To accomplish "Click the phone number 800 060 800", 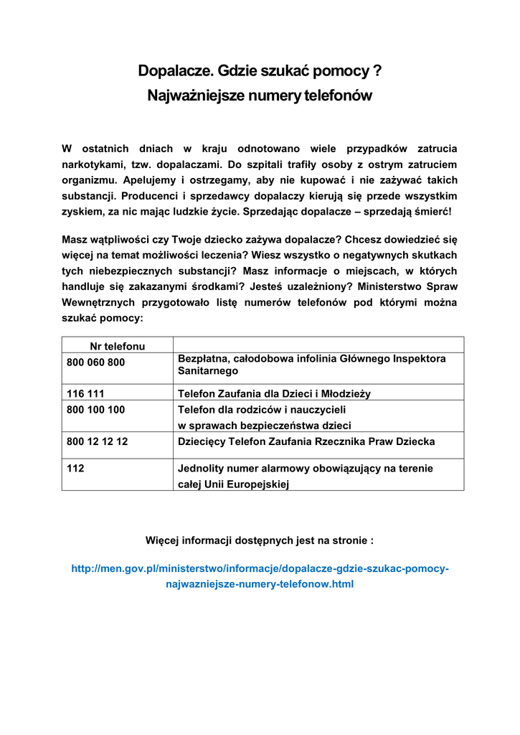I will pos(95,362).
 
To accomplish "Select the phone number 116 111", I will pos(85,393).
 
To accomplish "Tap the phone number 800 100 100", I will pos(95,410).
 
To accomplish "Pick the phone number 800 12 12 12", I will pos(97,441).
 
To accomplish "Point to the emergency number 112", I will pos(75,469).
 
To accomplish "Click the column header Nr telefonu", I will pos(117,346).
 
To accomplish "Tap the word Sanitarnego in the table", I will pos(207,371).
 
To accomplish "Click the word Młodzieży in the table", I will pos(343,393).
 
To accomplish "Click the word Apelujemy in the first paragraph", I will pos(146,180).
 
